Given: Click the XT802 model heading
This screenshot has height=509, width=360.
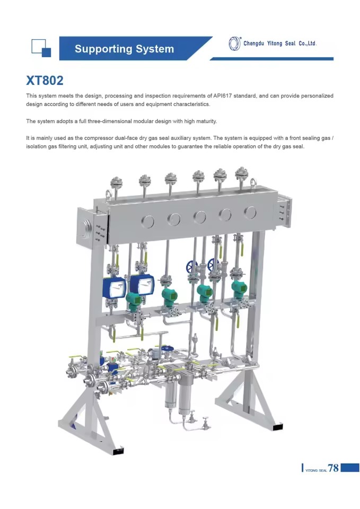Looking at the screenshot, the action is [x=45, y=80].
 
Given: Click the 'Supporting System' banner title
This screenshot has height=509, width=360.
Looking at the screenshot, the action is [x=124, y=49].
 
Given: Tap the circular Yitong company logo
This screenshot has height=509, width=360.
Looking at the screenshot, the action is [x=234, y=43].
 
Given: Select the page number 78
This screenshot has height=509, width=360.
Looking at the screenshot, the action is [x=333, y=468].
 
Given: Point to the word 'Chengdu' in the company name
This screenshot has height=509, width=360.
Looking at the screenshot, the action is [x=253, y=43].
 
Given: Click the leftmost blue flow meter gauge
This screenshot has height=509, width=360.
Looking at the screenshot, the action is [x=114, y=288].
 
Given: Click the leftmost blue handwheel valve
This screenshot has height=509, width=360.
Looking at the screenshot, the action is [x=191, y=267].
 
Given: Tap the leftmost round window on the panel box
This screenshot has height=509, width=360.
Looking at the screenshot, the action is [x=148, y=222].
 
